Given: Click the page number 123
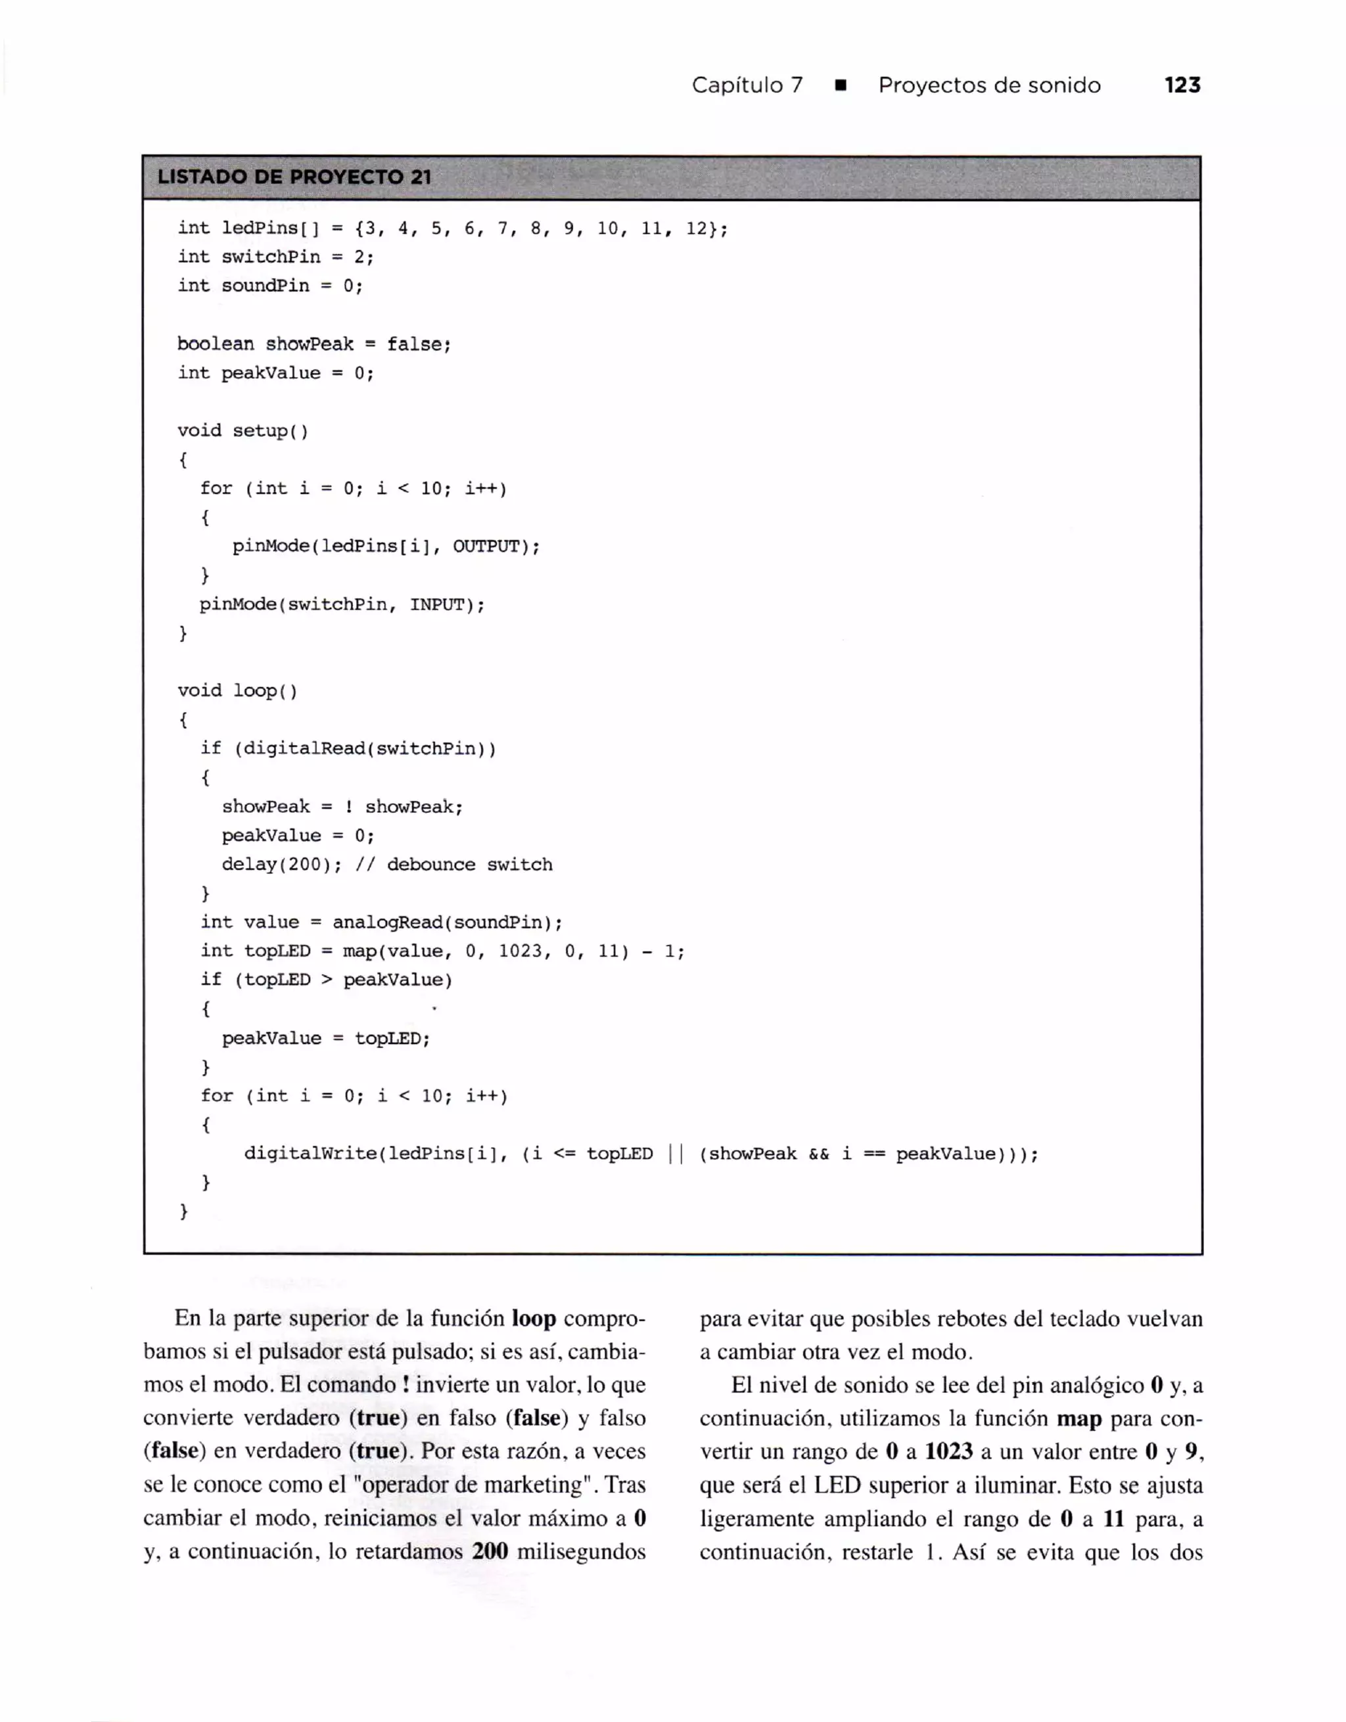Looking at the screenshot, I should (1182, 85).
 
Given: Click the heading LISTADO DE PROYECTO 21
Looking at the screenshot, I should (294, 177).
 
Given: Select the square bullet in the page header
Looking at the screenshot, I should (841, 86).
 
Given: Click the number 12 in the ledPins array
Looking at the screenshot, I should (696, 229).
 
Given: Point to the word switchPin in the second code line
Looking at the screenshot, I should (271, 257).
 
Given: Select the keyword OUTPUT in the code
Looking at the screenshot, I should (486, 547).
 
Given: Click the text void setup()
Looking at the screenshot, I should (243, 430).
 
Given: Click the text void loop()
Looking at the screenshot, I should (237, 691).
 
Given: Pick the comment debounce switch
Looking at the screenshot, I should (469, 865).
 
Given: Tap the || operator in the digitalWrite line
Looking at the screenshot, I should (676, 1154).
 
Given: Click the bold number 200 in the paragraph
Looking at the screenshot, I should (490, 1552).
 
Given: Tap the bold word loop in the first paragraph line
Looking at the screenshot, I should (534, 1319).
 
